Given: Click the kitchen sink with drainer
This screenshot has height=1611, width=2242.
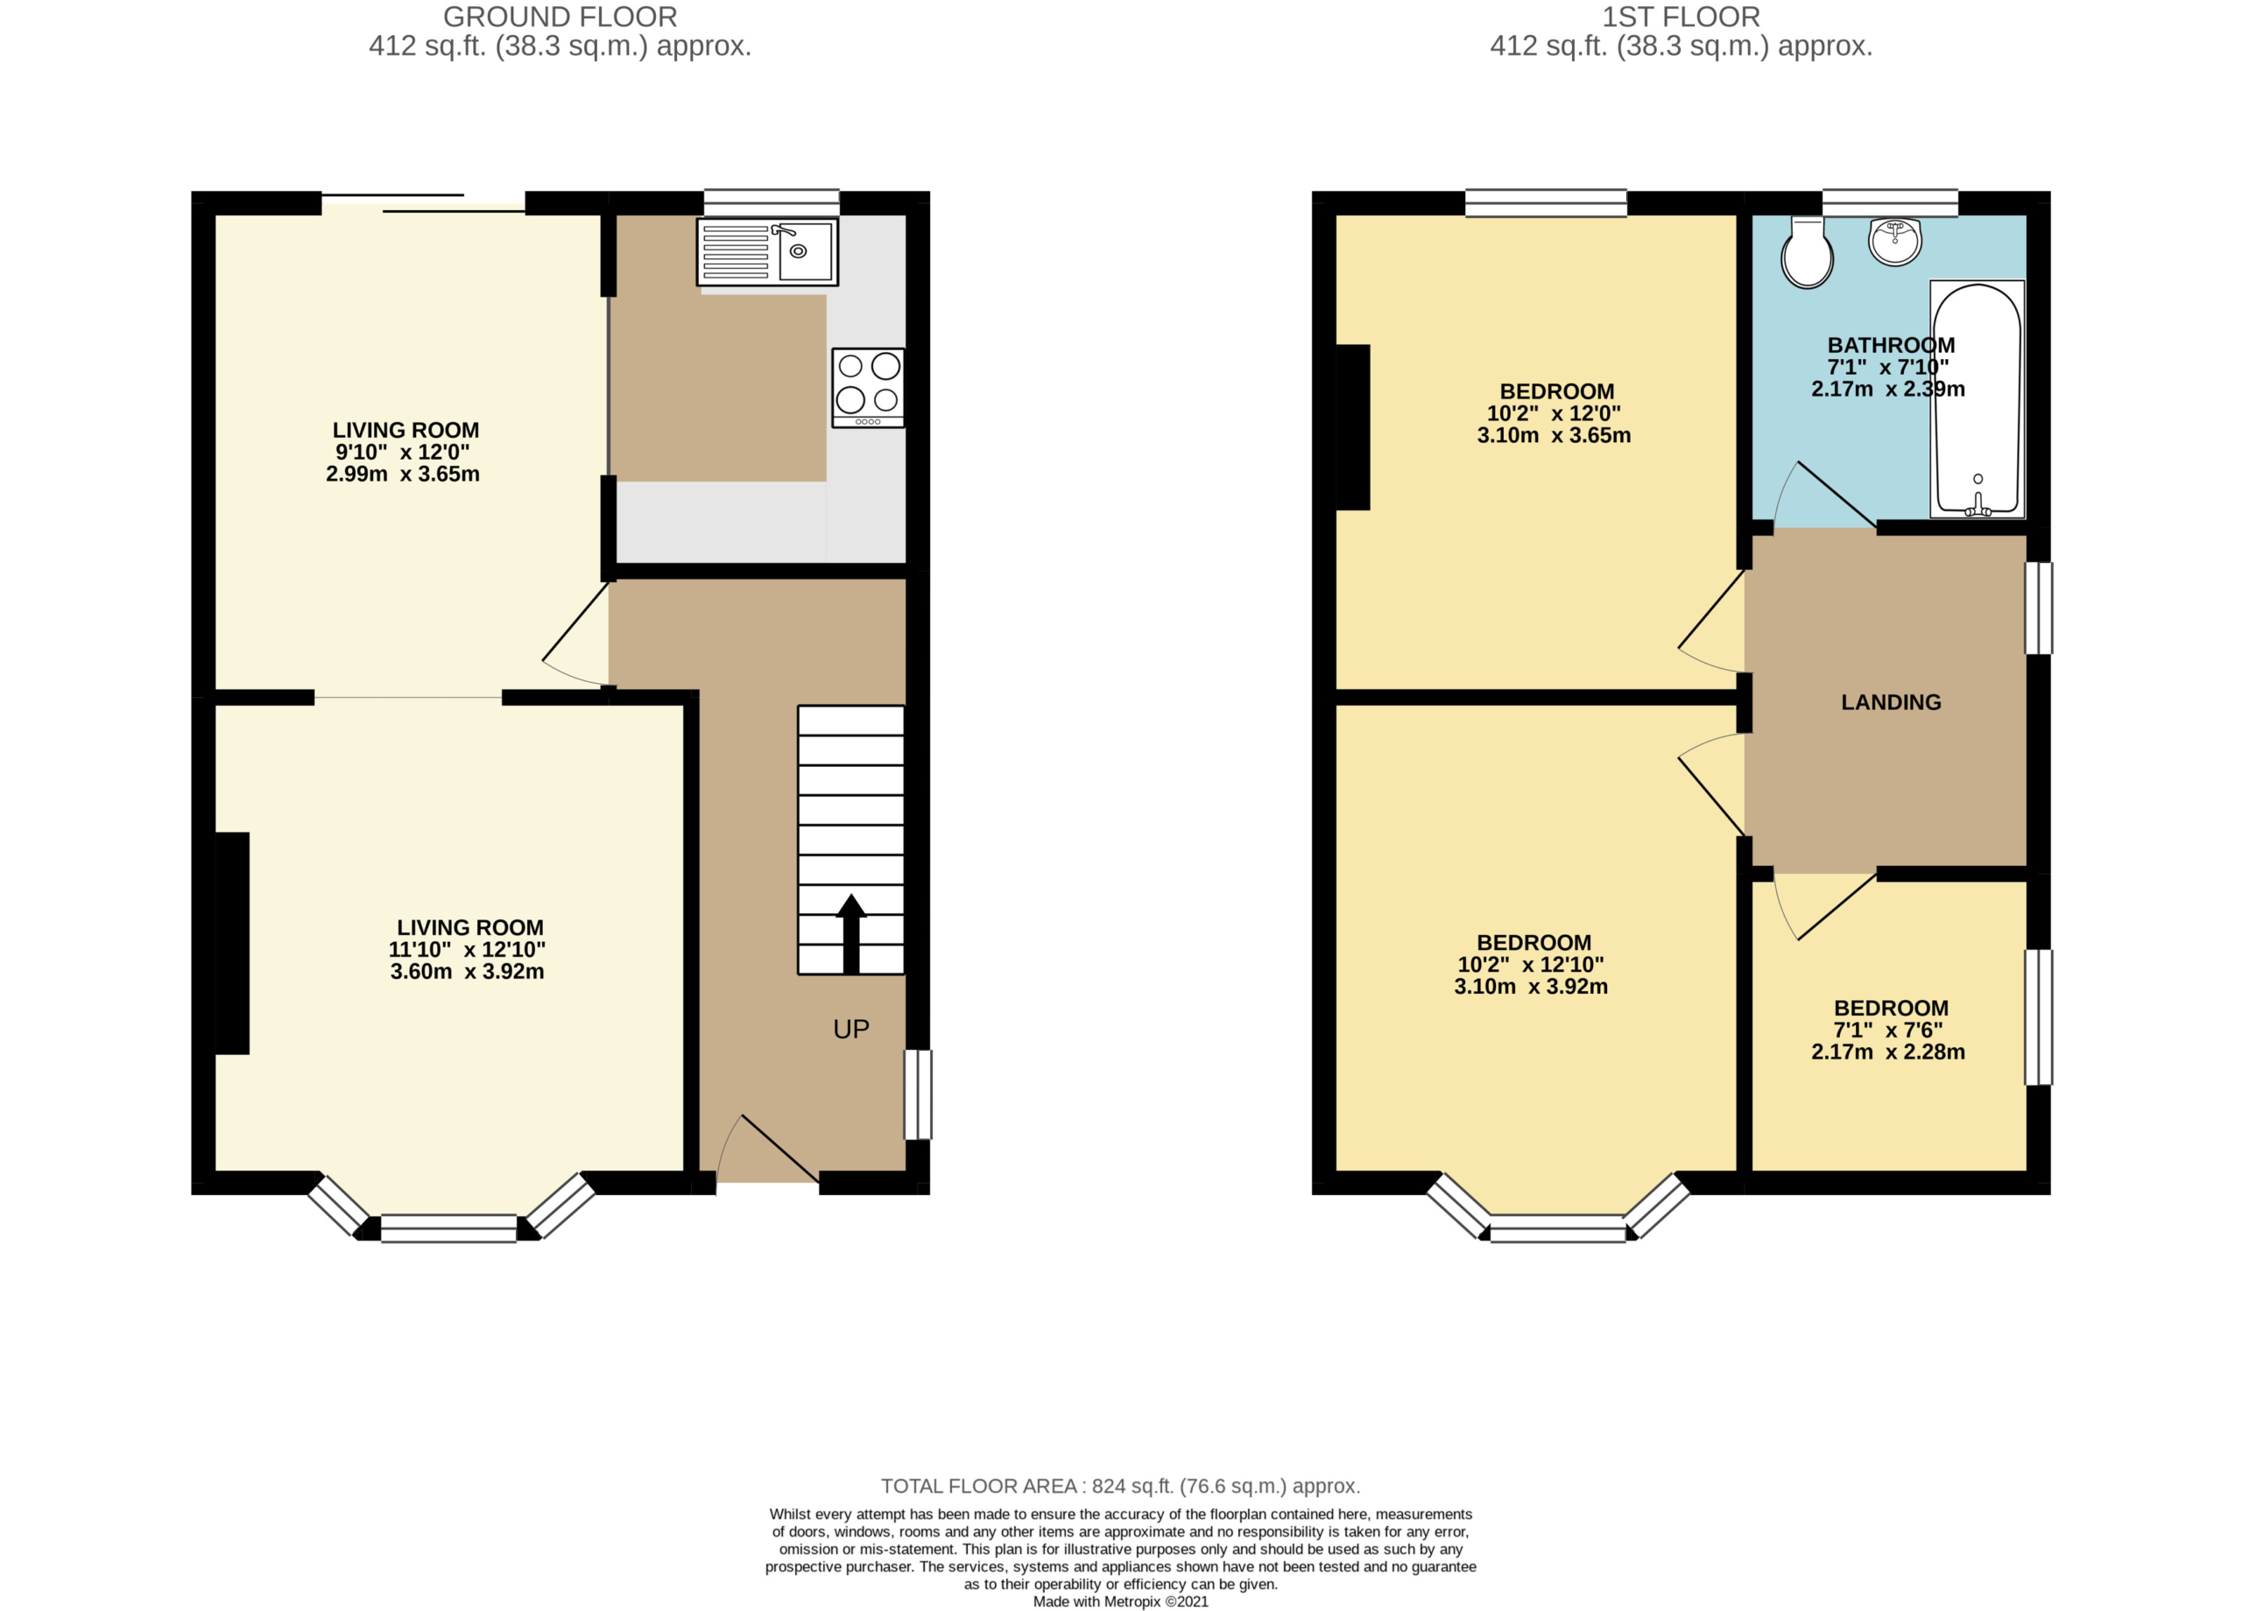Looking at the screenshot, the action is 767,252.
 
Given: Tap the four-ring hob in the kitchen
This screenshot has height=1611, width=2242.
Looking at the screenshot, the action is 868,388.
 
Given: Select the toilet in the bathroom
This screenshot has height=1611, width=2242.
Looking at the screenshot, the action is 1807,253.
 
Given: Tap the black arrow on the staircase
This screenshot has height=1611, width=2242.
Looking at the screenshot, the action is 851,934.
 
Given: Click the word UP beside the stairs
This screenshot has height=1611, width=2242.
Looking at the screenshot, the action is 851,1029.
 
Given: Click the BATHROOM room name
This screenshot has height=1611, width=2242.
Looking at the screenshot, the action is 1891,345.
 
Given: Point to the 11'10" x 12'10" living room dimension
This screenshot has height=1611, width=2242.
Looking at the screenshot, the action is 467,949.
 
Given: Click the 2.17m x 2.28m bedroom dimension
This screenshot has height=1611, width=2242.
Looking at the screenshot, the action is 1888,1052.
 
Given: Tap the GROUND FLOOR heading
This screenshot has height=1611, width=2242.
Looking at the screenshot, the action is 560,17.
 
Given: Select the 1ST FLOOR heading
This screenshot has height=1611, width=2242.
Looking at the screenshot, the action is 1681,17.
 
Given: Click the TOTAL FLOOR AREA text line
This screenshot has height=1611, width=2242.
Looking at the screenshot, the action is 1121,1486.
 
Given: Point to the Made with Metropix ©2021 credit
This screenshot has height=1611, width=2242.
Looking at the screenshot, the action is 1121,1601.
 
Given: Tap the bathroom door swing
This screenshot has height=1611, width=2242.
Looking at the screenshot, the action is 1825,496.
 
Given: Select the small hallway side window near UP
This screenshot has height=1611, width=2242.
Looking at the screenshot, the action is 919,1095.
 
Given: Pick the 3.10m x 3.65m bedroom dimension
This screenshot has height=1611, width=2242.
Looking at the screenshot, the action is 1554,435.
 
